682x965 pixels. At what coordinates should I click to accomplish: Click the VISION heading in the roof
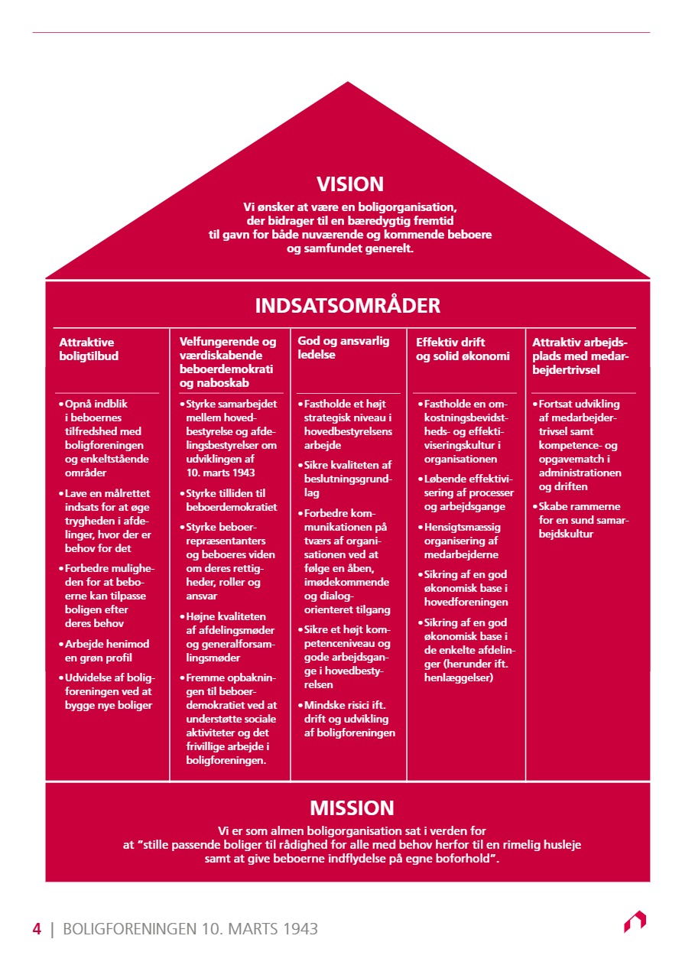click(350, 184)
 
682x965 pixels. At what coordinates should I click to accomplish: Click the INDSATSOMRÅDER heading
click(348, 306)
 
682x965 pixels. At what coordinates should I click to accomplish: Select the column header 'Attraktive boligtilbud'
click(89, 349)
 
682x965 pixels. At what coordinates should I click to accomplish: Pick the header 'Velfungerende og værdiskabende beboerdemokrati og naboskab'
click(228, 362)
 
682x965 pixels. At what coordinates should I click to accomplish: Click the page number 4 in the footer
click(36, 929)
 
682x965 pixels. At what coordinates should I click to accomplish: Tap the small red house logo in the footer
click(635, 921)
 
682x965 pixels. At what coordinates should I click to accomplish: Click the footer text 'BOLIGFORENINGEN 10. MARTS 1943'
click(190, 929)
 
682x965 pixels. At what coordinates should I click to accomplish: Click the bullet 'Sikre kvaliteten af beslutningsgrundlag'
click(348, 478)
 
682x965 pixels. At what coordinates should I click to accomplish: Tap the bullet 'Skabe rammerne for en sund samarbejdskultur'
click(580, 520)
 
